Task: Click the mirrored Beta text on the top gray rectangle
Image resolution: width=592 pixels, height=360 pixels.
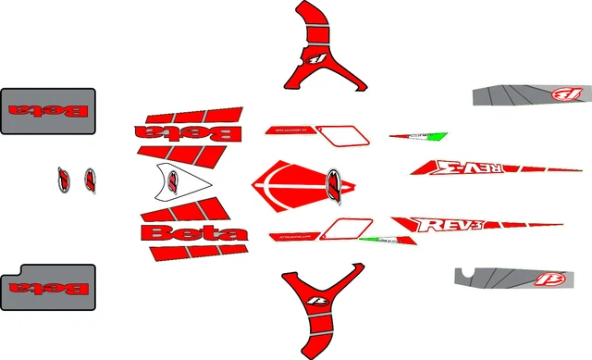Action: tap(48, 112)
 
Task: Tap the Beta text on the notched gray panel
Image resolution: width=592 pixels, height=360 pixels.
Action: tap(48, 289)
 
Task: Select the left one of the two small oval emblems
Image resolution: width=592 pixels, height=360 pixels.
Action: tap(64, 179)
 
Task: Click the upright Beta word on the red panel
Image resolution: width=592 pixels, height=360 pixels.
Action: tap(193, 232)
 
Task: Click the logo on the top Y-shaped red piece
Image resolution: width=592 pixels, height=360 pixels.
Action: tap(319, 58)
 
